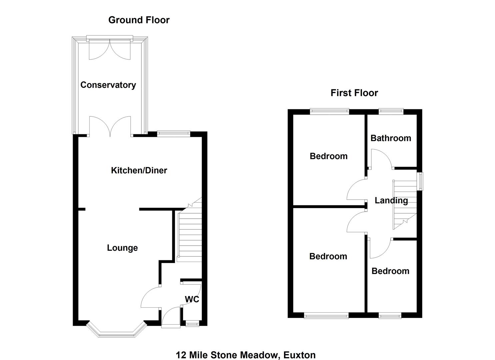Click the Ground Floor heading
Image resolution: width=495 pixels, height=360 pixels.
[139, 20]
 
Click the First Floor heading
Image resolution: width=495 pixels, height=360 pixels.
[354, 93]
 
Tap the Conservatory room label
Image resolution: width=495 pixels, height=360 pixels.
[108, 85]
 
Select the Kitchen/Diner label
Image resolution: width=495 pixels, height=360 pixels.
[139, 170]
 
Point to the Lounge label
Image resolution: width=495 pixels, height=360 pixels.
[122, 248]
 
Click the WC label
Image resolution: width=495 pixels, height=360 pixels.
[192, 299]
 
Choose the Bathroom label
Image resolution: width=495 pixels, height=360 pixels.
[391, 138]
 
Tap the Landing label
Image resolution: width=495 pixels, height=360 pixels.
[391, 200]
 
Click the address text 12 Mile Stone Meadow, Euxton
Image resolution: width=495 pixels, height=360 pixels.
[246, 355]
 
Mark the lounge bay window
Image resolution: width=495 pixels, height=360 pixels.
[116, 333]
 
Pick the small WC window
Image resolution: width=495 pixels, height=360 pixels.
[192, 323]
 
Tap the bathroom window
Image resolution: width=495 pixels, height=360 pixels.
[391, 112]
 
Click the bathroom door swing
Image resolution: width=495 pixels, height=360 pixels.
[381, 158]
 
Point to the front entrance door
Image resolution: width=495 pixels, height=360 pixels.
[171, 318]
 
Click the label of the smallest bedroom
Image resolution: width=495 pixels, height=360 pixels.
[390, 271]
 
